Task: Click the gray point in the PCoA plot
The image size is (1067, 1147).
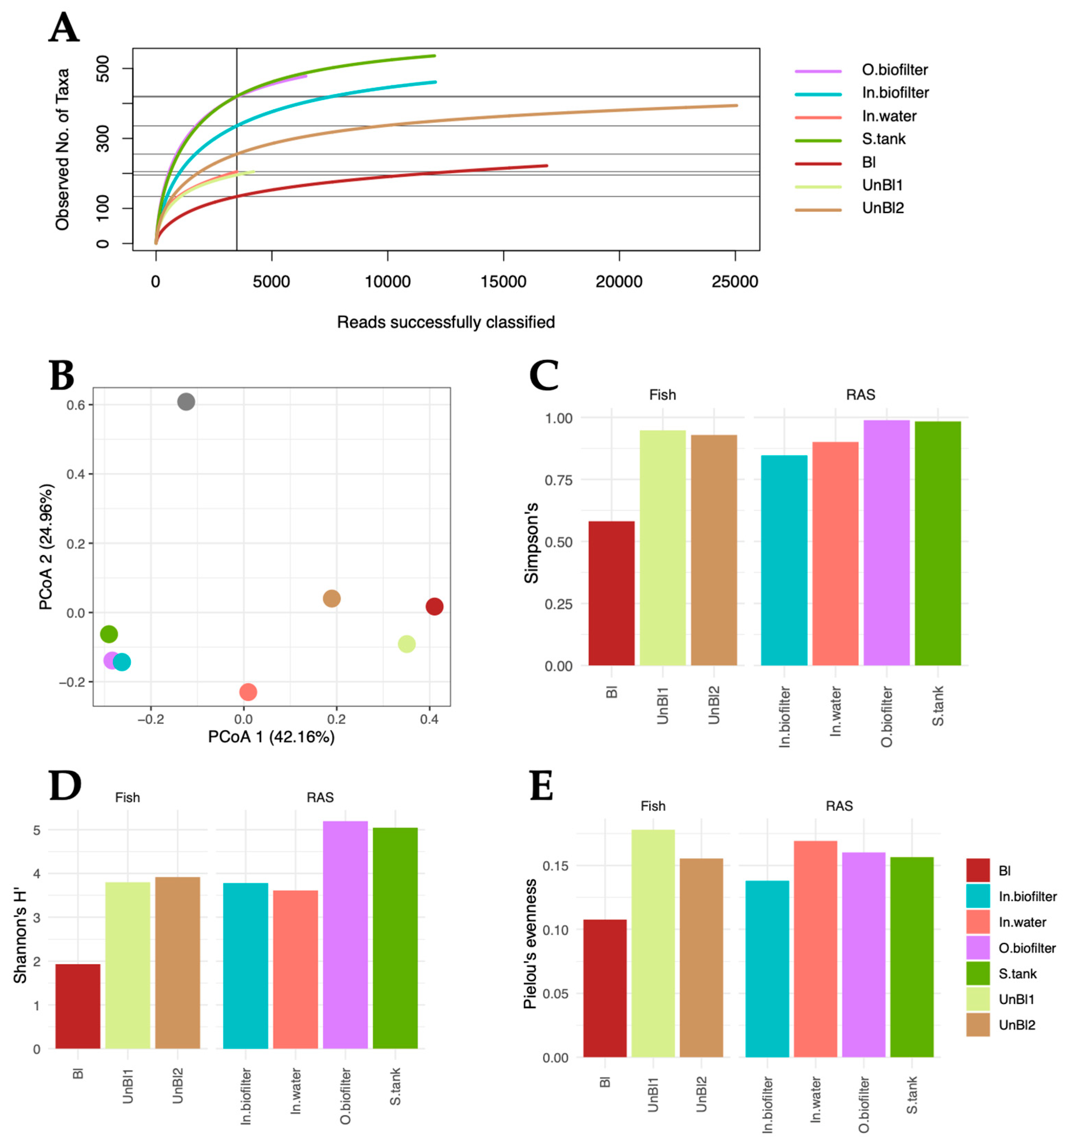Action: point(186,401)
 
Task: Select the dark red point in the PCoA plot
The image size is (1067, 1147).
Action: point(434,606)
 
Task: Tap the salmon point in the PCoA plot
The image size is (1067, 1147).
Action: point(248,692)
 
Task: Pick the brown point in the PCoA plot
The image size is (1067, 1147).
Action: point(331,598)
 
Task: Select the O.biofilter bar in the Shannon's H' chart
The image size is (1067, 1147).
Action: point(345,935)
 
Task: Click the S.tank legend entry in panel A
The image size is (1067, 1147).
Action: point(883,139)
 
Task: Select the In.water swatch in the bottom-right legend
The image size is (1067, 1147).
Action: point(977,922)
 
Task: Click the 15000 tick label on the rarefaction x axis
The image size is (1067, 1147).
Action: point(503,281)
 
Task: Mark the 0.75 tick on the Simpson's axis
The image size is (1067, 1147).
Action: point(558,480)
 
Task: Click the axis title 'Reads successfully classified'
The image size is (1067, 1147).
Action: point(445,322)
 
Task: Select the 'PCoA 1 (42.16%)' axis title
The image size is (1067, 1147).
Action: point(271,737)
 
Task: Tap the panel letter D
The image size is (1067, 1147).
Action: point(65,786)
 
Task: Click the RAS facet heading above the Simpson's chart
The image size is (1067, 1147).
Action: point(860,395)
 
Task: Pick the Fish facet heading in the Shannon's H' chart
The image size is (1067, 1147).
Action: point(127,797)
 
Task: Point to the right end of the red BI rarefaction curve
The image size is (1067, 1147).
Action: point(546,166)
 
